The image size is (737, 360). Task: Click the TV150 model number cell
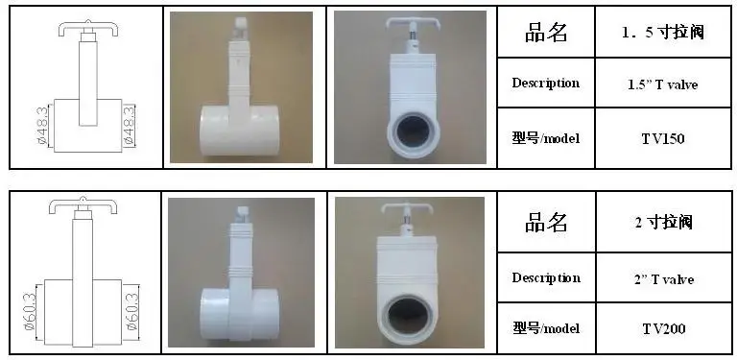click(663, 138)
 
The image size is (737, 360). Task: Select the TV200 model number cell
click(663, 328)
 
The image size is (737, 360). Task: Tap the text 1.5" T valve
click(663, 84)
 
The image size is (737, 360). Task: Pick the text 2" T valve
click(663, 279)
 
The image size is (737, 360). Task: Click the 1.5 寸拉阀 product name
click(663, 33)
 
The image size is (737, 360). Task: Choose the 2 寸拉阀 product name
click(663, 222)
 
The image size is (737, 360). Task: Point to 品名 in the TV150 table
click(546, 33)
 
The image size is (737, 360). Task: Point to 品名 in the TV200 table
click(546, 222)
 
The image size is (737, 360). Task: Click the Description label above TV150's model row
click(546, 84)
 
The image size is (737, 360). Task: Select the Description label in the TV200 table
click(546, 277)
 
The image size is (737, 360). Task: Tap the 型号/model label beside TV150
click(546, 138)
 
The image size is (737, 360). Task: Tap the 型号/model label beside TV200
click(546, 328)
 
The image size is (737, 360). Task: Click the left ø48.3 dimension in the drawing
click(41, 126)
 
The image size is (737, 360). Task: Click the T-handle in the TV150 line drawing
click(88, 28)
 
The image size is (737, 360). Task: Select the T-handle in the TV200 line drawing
click(83, 204)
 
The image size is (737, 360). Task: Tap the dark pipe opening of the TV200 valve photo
click(409, 315)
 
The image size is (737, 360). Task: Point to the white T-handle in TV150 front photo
click(409, 23)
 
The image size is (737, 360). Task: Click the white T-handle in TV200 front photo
click(406, 208)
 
